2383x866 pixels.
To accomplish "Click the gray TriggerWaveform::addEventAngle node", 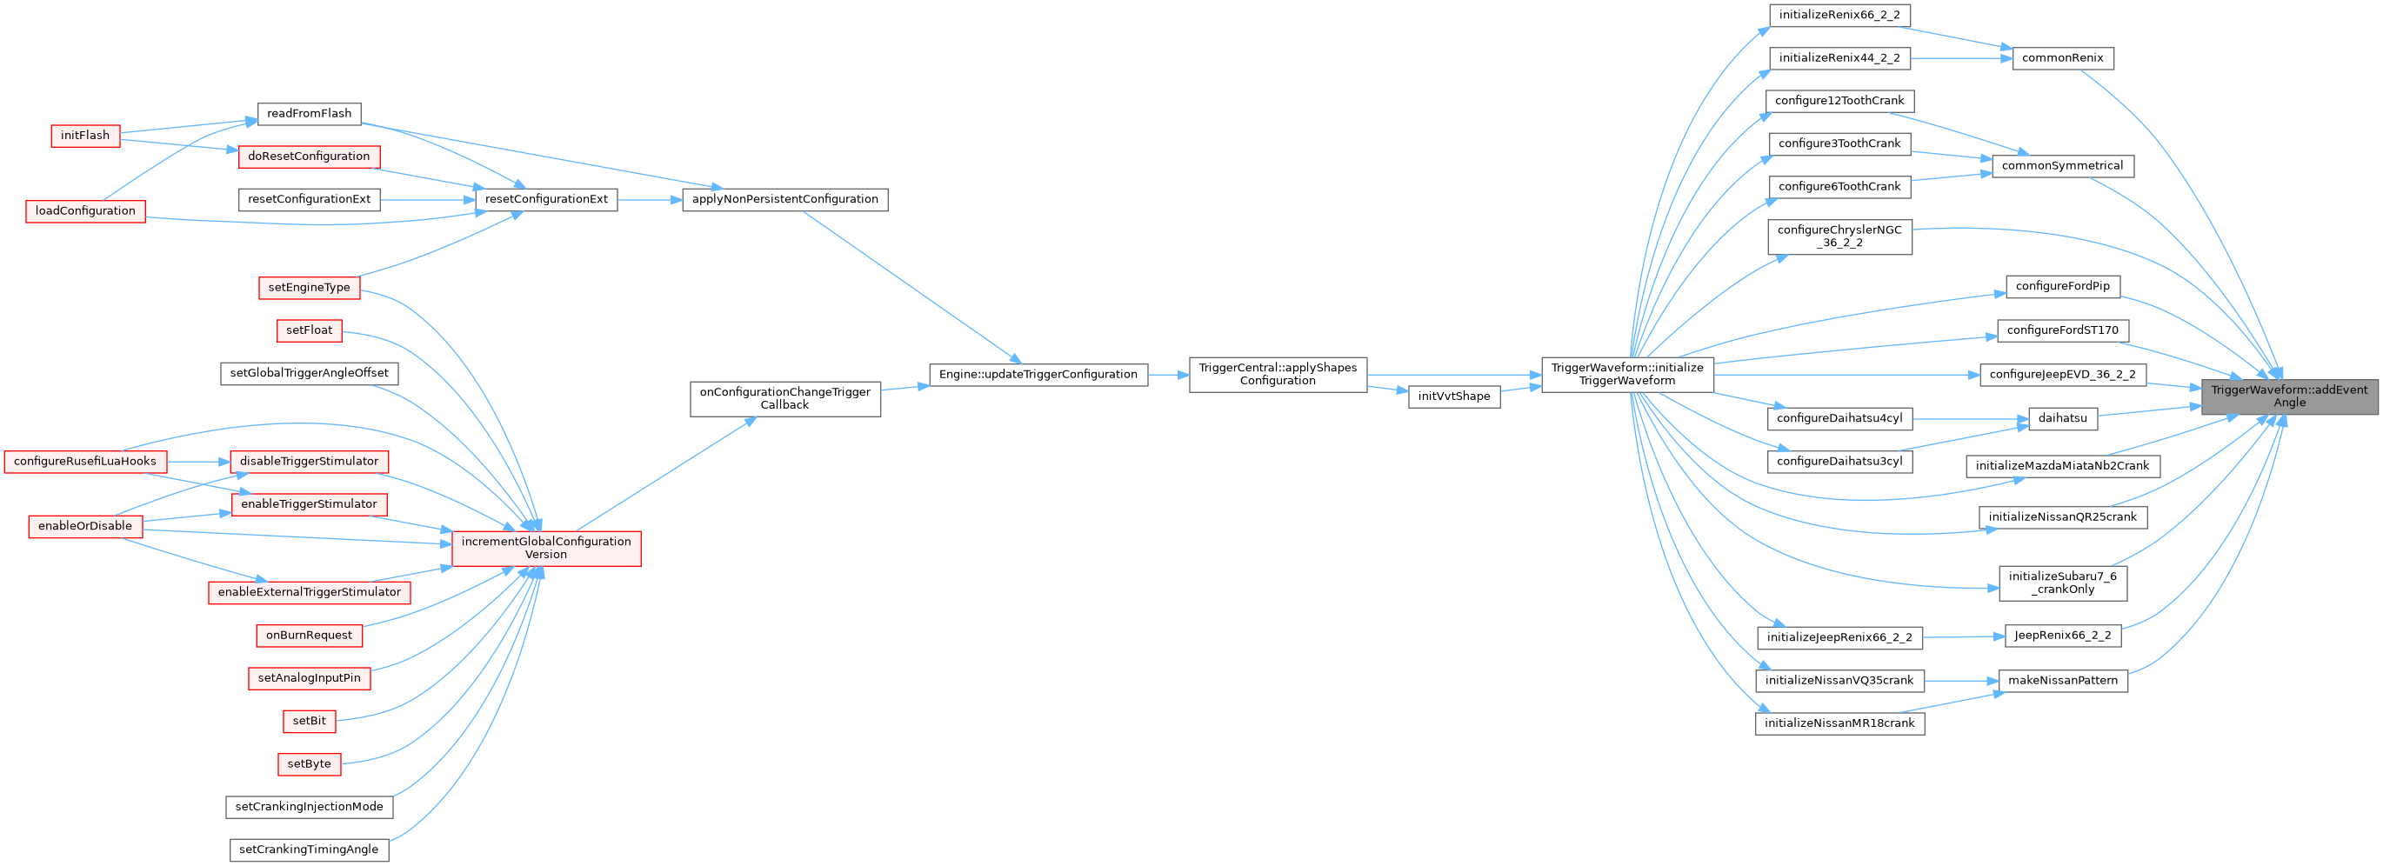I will tap(2289, 396).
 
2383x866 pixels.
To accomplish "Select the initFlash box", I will tap(85, 136).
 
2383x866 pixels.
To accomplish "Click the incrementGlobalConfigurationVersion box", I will tap(546, 549).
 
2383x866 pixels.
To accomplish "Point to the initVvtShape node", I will tap(1453, 396).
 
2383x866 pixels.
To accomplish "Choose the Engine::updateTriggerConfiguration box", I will tap(1038, 375).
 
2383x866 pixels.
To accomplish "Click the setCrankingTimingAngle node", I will tap(309, 850).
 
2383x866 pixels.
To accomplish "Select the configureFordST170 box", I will tap(2062, 330).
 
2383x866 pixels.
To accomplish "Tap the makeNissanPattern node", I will tap(2062, 681).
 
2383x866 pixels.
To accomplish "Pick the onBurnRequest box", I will tap(309, 636).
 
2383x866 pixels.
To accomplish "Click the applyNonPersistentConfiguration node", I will tap(784, 200).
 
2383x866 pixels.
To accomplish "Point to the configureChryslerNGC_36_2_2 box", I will tap(1839, 236).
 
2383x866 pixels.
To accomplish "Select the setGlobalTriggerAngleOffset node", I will tap(309, 374).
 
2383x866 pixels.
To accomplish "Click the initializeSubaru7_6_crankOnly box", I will tap(2062, 583).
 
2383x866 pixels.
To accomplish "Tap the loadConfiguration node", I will tap(85, 211).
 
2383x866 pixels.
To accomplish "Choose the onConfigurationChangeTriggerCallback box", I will tap(784, 399).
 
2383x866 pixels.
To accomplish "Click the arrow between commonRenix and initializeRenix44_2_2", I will tap(1961, 58).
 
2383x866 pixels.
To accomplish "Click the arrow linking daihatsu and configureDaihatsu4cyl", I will tap(1971, 418).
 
